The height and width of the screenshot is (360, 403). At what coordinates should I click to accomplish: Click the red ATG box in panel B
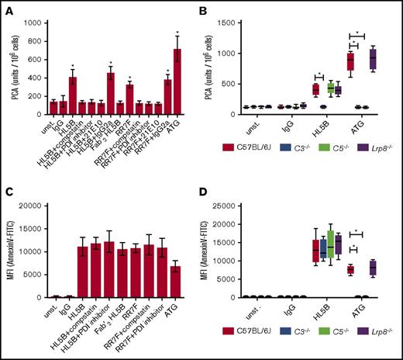pyautogui.click(x=350, y=61)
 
